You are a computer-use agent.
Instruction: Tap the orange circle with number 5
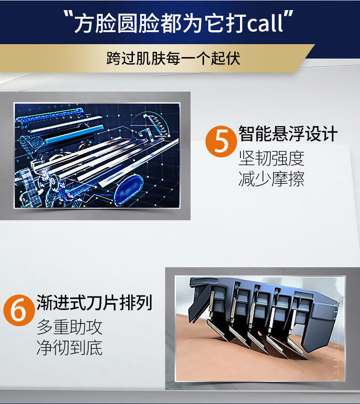pyautogui.click(x=221, y=142)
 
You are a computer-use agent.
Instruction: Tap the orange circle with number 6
pyautogui.click(x=19, y=310)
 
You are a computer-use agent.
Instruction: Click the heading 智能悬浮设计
pyautogui.click(x=288, y=134)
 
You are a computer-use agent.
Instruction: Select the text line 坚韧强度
pyautogui.click(x=271, y=158)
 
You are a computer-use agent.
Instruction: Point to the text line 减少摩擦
pyautogui.click(x=271, y=178)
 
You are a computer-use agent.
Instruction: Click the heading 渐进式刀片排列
pyautogui.click(x=94, y=302)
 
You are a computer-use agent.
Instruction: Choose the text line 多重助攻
pyautogui.click(x=70, y=327)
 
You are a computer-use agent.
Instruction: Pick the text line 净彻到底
pyautogui.click(x=70, y=347)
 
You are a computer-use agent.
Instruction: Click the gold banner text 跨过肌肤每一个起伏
pyautogui.click(x=173, y=58)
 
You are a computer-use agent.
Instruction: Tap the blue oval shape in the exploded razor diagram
pyautogui.click(x=129, y=190)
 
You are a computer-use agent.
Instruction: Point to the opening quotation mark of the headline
pyautogui.click(x=68, y=16)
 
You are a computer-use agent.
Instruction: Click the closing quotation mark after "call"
pyautogui.click(x=289, y=15)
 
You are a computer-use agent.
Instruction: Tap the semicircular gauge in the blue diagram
pyautogui.click(x=153, y=125)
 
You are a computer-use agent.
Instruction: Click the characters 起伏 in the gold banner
pyautogui.click(x=226, y=58)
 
